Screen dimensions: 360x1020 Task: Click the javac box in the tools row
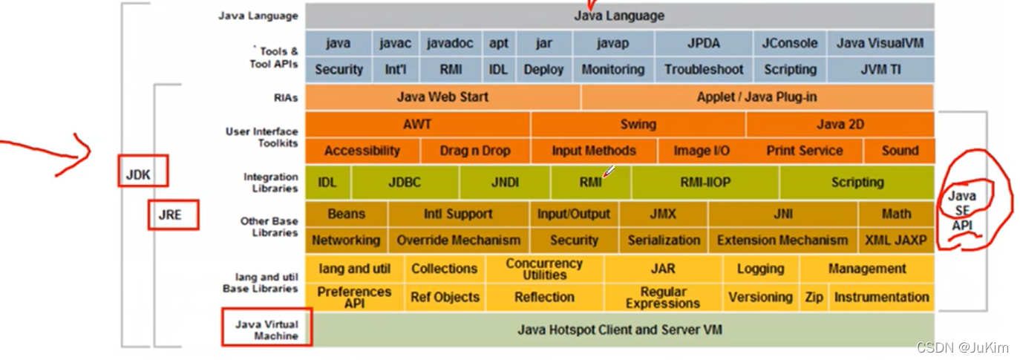tap(395, 43)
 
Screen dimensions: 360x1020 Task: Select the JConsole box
tap(789, 43)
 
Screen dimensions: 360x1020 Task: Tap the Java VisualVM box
tap(880, 43)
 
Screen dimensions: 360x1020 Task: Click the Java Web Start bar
tap(442, 97)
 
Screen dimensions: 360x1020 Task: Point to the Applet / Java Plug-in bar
tap(756, 97)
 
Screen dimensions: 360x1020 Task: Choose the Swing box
tap(638, 125)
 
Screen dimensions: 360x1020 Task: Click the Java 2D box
tap(840, 125)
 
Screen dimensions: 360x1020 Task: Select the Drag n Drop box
tap(474, 151)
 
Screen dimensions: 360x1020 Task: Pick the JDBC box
tap(405, 183)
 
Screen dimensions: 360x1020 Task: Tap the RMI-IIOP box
tap(704, 183)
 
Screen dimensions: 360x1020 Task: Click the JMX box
tap(663, 214)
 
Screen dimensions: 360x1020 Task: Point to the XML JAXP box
tap(895, 240)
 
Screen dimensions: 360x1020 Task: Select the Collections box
tap(444, 269)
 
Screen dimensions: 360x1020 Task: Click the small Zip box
tap(814, 297)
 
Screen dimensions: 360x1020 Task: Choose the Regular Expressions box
tap(662, 297)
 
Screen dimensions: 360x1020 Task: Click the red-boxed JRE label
tap(173, 215)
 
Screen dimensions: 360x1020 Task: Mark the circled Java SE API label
tap(962, 211)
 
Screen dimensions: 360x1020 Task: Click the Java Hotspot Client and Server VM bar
tap(619, 330)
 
